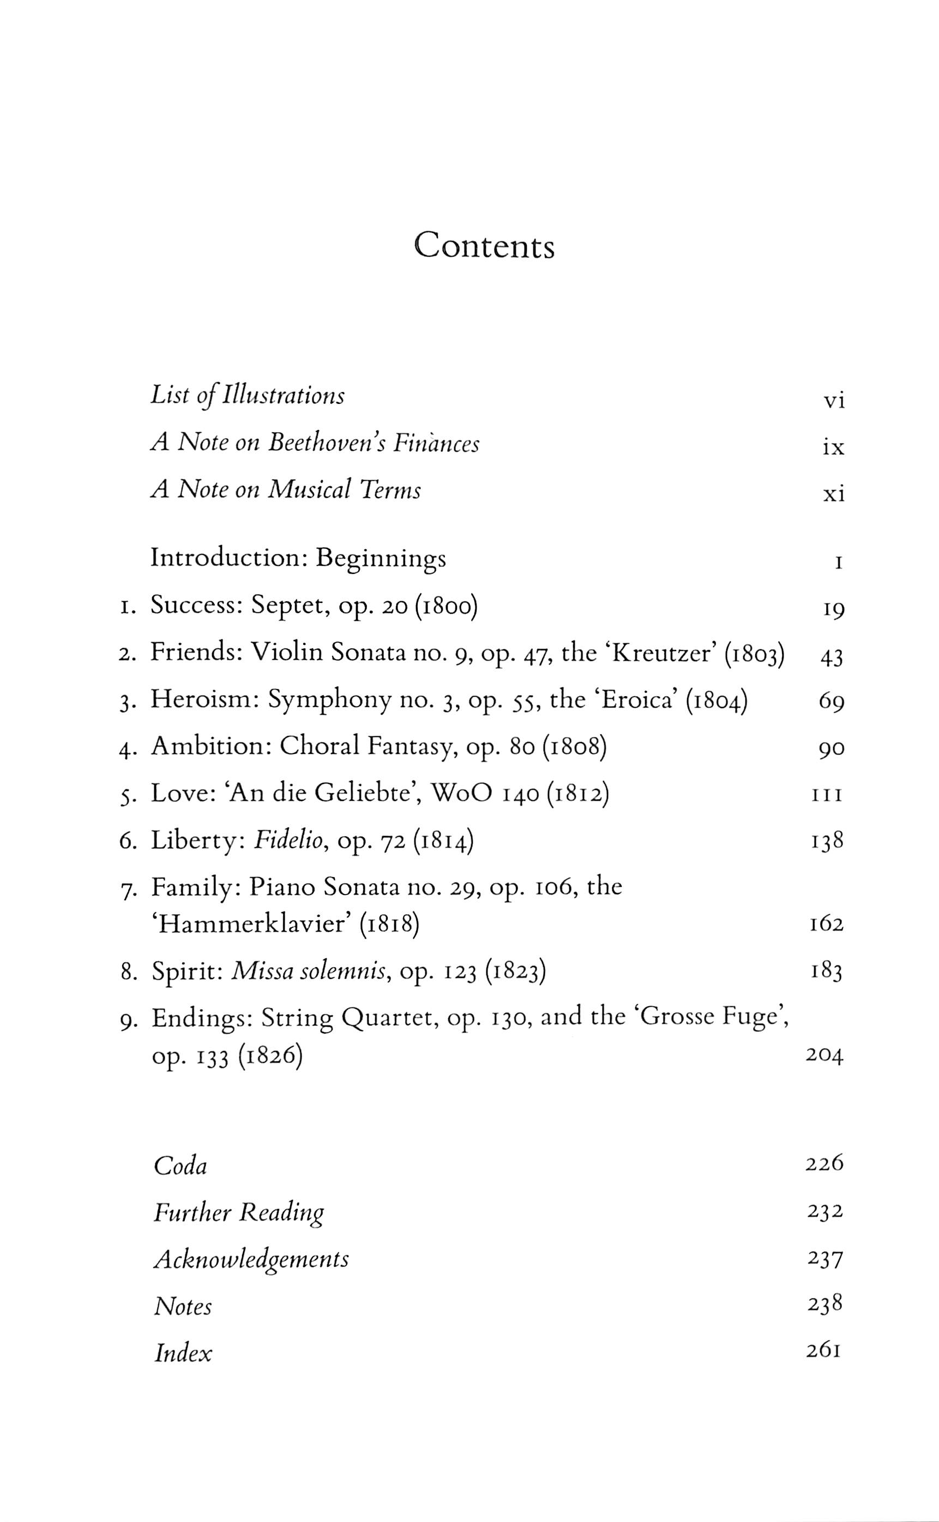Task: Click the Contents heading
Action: [484, 246]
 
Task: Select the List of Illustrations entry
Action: [247, 395]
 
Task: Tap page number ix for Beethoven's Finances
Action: [833, 447]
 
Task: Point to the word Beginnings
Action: [381, 558]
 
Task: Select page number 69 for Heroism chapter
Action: [831, 703]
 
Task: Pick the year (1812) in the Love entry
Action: [577, 794]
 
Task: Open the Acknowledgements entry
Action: [251, 1259]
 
